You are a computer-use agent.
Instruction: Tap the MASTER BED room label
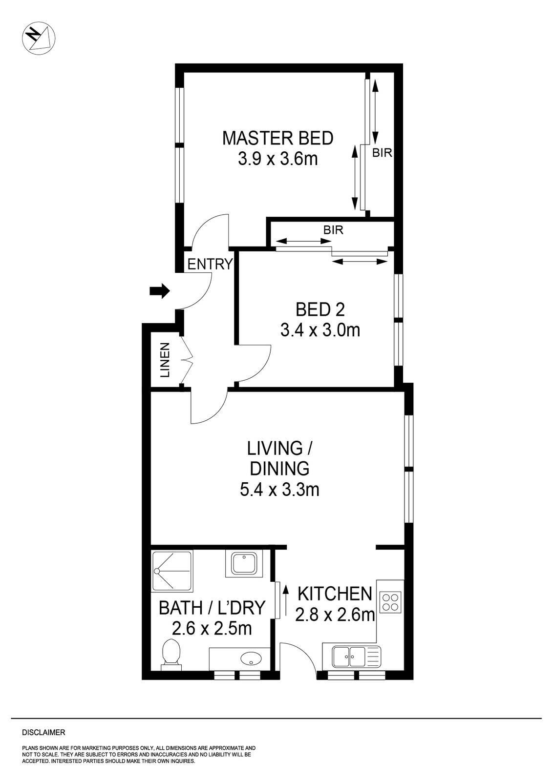click(x=277, y=138)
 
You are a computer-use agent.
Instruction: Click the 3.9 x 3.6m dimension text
click(x=277, y=159)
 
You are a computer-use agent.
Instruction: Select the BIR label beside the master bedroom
click(x=382, y=153)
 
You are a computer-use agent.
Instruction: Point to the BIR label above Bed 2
click(x=333, y=230)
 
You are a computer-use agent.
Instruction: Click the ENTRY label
click(x=210, y=265)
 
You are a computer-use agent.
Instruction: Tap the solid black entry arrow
click(x=159, y=291)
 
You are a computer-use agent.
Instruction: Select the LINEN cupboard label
click(x=166, y=360)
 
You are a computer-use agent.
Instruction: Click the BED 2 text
click(x=320, y=309)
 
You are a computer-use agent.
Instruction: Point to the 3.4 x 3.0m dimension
click(x=320, y=330)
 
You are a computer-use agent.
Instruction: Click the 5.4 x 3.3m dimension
click(x=279, y=489)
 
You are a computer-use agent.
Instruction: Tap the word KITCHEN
click(x=335, y=594)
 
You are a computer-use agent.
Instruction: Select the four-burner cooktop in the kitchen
click(x=391, y=602)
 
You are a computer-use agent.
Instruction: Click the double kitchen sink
click(x=350, y=657)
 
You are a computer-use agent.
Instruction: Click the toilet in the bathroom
click(x=170, y=653)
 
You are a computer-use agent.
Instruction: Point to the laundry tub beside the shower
click(x=244, y=563)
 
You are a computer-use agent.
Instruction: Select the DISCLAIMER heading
click(x=43, y=733)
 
